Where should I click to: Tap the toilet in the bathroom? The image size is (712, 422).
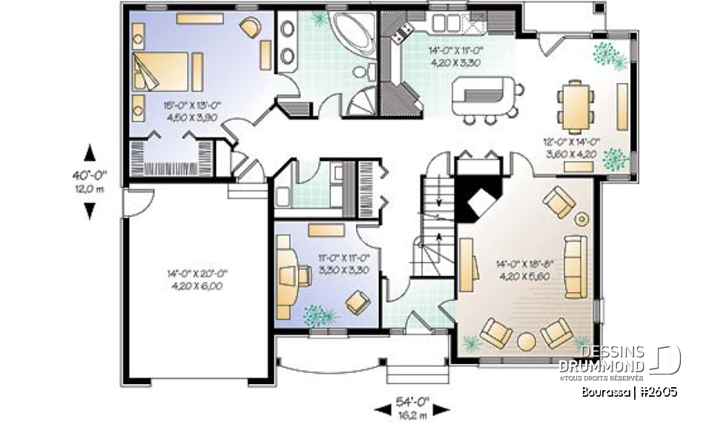[x=362, y=73]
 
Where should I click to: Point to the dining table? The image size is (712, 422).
[x=576, y=104]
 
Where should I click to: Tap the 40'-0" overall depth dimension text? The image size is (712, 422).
[x=90, y=176]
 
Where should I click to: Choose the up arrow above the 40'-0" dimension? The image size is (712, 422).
[x=90, y=153]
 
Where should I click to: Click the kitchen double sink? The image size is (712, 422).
[x=446, y=22]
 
